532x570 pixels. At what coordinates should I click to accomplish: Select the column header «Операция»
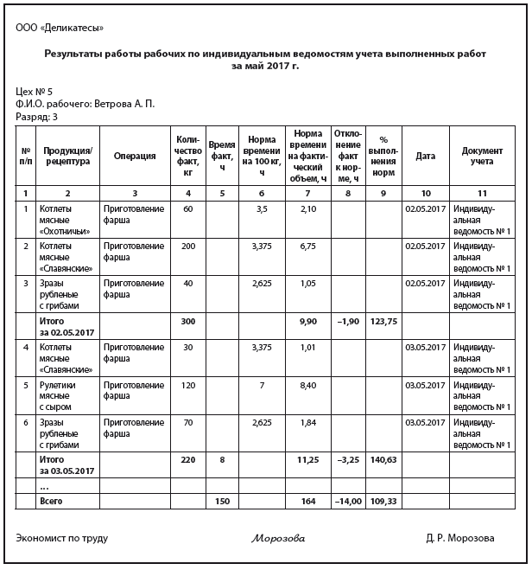(x=135, y=156)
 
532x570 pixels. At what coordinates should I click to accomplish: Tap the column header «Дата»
(x=425, y=156)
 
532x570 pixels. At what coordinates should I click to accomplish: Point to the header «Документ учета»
(x=482, y=156)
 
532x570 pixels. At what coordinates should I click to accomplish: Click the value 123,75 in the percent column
(x=383, y=322)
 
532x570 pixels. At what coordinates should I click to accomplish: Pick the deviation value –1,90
(x=348, y=322)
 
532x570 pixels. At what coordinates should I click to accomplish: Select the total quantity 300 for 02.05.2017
(x=187, y=322)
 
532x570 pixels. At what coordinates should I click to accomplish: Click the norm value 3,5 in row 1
(x=263, y=209)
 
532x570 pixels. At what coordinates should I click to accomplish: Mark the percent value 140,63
(x=383, y=460)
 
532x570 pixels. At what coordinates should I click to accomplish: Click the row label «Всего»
(x=52, y=502)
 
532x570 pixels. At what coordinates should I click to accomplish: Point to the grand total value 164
(x=307, y=502)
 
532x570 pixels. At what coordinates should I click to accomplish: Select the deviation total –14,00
(x=348, y=502)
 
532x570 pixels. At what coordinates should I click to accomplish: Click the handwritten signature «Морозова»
(x=278, y=539)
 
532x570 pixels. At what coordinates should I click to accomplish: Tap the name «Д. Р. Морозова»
(x=459, y=538)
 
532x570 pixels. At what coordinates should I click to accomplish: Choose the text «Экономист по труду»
(x=61, y=538)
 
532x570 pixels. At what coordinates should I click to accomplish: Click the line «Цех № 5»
(x=35, y=92)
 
